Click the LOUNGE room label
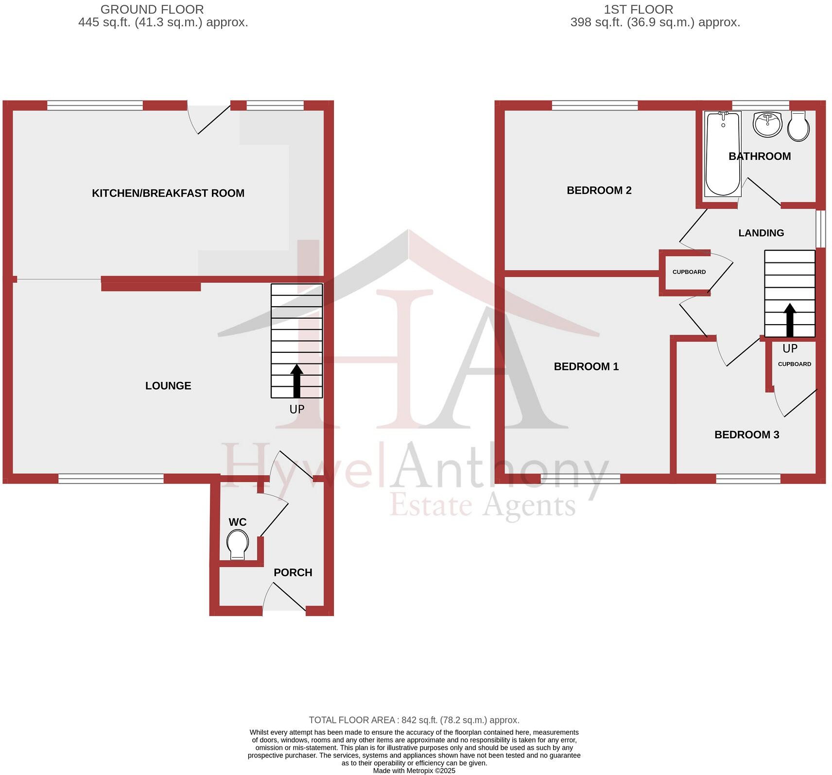click(x=168, y=386)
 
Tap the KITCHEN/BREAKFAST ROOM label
click(x=168, y=193)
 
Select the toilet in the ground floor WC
click(x=238, y=544)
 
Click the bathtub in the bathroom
click(x=723, y=153)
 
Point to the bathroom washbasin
click(x=767, y=124)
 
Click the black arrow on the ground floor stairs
click(x=296, y=381)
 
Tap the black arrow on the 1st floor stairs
click(x=790, y=320)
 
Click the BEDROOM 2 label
click(x=599, y=190)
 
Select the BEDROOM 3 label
click(x=746, y=435)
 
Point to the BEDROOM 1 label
click(x=586, y=367)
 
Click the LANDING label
click(x=761, y=233)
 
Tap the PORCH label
click(x=293, y=573)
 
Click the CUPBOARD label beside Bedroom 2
click(x=689, y=272)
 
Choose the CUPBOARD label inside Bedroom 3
click(x=794, y=364)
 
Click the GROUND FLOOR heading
click(x=152, y=9)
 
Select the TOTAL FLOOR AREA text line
click(x=414, y=720)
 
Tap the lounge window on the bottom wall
click(x=111, y=479)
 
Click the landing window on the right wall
click(x=820, y=228)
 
